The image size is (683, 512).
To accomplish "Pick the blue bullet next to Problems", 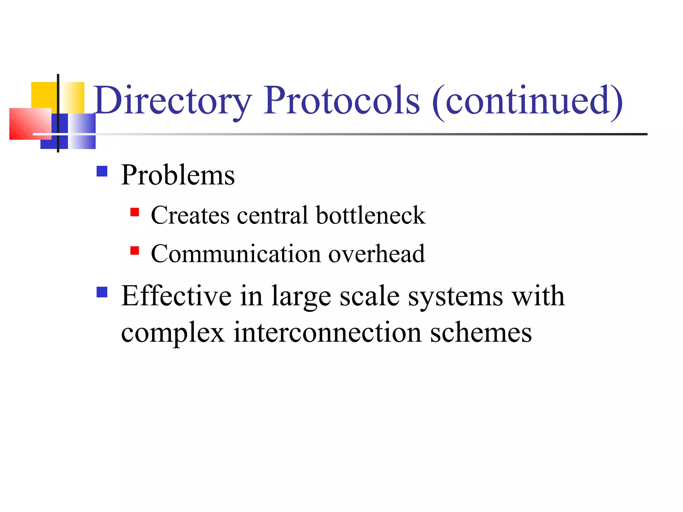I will click(102, 171).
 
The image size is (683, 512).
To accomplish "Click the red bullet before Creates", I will click(135, 212).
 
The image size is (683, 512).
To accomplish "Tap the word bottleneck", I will click(371, 215).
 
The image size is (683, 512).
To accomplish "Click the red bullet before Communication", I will click(135, 251).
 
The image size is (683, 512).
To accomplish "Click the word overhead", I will click(377, 254).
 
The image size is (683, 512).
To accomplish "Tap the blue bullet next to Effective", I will click(102, 292).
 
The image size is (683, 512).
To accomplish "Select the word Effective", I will click(176, 296).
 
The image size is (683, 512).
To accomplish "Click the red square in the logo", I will click(29, 124).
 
